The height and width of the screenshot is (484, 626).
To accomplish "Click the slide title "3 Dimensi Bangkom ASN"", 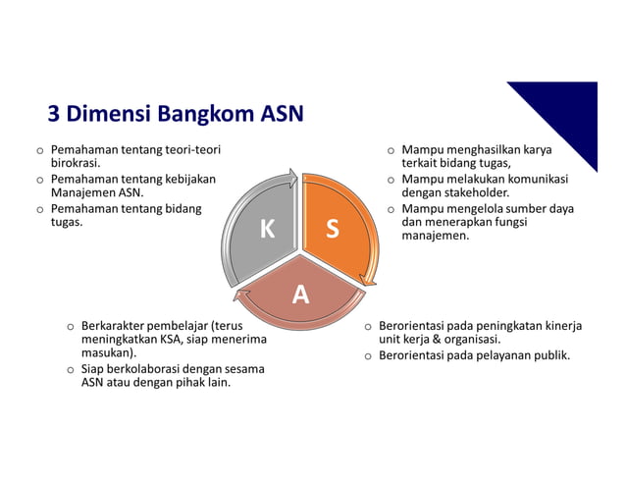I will [176, 114].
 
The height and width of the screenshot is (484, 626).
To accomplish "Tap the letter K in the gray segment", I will [267, 230].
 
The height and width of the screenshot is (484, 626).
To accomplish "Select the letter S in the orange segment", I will [333, 230].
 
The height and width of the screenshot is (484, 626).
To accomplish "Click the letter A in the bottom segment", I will [300, 294].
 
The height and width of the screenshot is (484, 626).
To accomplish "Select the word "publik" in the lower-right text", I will [548, 354].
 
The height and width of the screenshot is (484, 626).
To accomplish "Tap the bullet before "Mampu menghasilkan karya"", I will [391, 151].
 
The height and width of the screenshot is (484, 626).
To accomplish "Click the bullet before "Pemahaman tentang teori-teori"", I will [39, 151].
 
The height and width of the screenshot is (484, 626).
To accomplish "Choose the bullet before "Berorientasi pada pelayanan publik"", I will [368, 355].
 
